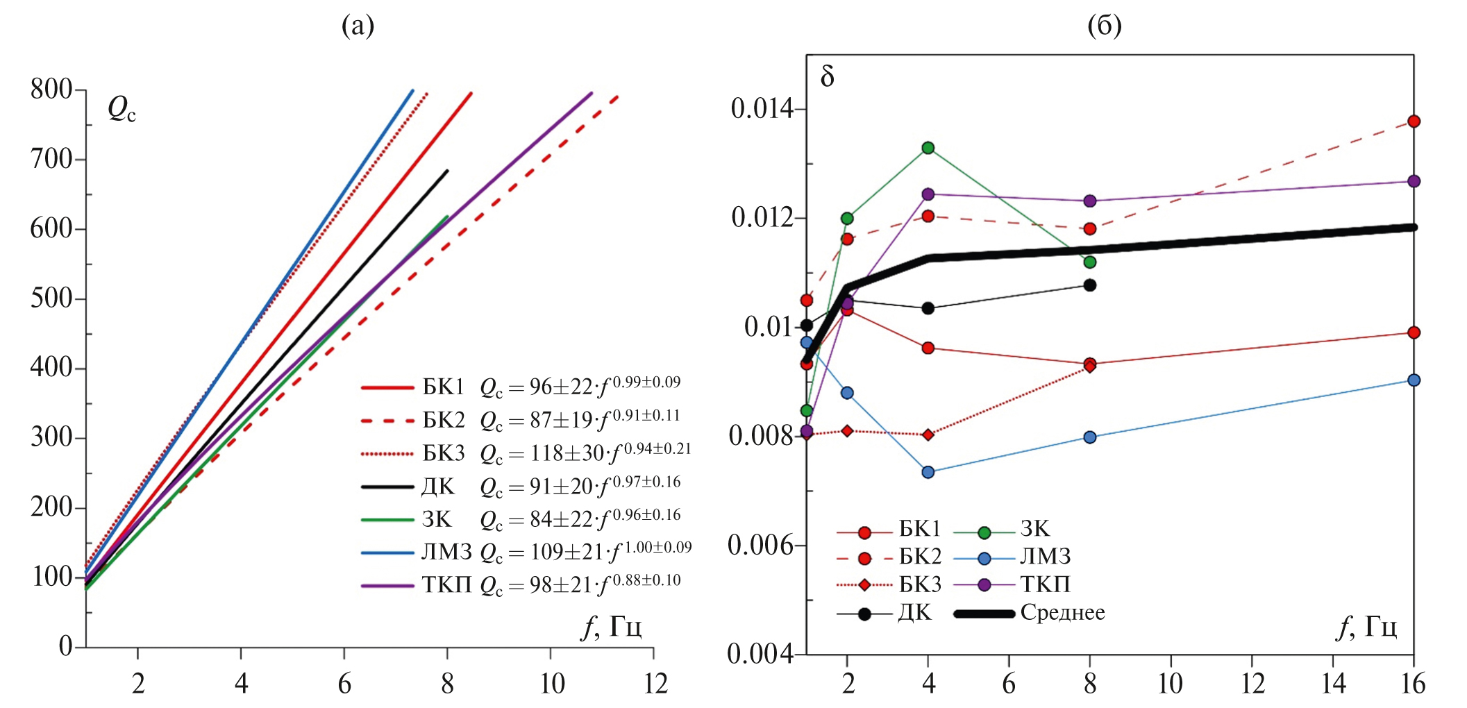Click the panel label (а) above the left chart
[x=358, y=26]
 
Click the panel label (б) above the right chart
[x=1104, y=26]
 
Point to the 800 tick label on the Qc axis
[x=51, y=89]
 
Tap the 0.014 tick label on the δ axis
[x=762, y=109]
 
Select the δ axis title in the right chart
[x=827, y=76]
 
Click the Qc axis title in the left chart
[x=121, y=110]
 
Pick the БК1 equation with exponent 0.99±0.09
[x=580, y=386]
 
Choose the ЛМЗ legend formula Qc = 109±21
[x=585, y=552]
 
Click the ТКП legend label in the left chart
[x=446, y=585]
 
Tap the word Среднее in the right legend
[x=1062, y=613]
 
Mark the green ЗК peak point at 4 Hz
[x=928, y=148]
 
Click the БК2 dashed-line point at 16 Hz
[x=1414, y=121]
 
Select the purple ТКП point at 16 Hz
[x=1414, y=181]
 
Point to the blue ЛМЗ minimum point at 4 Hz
[x=928, y=472]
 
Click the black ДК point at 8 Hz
[x=1090, y=285]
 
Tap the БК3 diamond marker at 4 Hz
[x=928, y=435]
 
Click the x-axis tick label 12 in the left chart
[x=655, y=684]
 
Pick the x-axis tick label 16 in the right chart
[x=1413, y=684]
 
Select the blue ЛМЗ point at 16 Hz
[x=1414, y=380]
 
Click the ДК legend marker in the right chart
[x=864, y=614]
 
